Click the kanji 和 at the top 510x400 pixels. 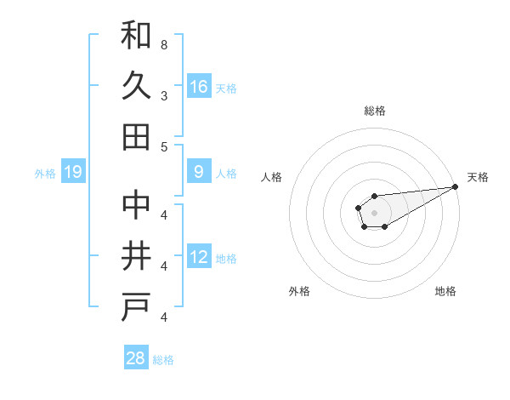click(136, 36)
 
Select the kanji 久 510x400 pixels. click(136, 86)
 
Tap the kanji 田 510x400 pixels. click(136, 136)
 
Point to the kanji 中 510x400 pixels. click(136, 207)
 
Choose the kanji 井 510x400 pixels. click(136, 257)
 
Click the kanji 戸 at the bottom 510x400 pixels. click(136, 307)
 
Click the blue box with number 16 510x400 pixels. click(199, 87)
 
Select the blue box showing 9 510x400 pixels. click(199, 172)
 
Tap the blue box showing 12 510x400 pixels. click(199, 257)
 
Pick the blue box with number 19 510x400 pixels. click(73, 173)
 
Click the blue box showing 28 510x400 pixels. click(136, 358)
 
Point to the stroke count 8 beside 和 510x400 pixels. click(163, 44)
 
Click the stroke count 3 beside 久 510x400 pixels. click(163, 95)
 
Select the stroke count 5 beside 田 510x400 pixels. click(163, 146)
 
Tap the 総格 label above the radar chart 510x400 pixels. click(374, 111)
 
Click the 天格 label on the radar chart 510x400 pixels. click(478, 177)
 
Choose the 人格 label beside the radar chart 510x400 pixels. click(272, 177)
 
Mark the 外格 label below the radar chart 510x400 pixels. click(299, 292)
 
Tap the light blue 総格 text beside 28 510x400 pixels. click(163, 360)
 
